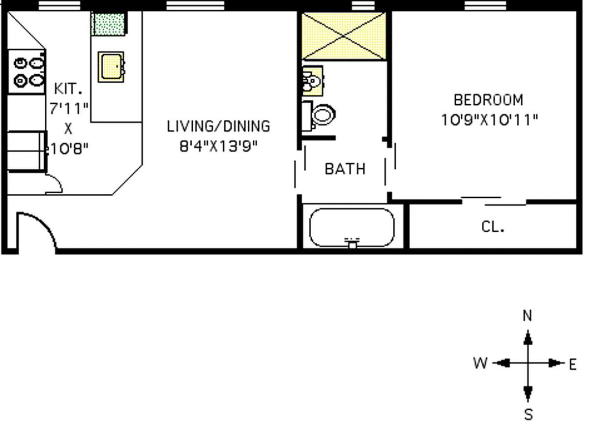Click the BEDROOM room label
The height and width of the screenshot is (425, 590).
click(488, 100)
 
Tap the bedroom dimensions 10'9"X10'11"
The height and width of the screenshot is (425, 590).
click(489, 120)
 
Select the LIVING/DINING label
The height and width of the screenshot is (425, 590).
click(218, 126)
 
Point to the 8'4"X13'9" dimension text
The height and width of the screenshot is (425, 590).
click(218, 147)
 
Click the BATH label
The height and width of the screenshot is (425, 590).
click(345, 169)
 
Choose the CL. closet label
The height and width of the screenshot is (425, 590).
click(493, 227)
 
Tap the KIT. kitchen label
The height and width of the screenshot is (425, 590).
click(68, 89)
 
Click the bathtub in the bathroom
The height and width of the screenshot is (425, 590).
click(352, 227)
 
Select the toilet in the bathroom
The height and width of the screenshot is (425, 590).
click(321, 115)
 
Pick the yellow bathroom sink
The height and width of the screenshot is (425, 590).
click(312, 80)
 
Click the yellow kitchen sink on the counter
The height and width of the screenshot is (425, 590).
click(111, 66)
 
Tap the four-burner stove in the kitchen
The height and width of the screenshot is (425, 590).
click(28, 71)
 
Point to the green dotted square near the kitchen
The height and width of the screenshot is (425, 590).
click(108, 23)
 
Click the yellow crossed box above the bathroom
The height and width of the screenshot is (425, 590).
click(344, 36)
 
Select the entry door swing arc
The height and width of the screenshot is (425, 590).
click(38, 229)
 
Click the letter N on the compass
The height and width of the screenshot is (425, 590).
click(528, 316)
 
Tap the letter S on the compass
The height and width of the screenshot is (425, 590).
click(528, 414)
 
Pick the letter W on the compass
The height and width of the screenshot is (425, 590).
click(480, 364)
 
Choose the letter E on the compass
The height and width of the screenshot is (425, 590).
click(572, 364)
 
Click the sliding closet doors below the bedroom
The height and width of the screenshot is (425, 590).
click(494, 201)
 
